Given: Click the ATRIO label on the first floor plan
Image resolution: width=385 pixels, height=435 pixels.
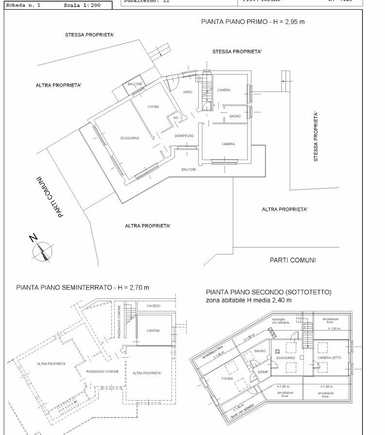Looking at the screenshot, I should point(188,92).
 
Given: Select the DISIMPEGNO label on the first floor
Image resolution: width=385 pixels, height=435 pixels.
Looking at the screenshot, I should point(184,136).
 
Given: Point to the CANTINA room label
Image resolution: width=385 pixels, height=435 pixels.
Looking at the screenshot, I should point(153,331).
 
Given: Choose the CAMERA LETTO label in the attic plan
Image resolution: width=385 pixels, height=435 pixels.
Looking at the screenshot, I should point(330,358).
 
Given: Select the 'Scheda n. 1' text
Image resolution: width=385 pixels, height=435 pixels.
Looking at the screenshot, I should point(24,6).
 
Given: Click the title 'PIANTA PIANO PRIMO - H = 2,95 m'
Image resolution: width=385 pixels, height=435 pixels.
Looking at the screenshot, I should point(253,22).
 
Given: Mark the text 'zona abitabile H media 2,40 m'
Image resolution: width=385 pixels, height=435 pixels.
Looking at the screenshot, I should point(248,300).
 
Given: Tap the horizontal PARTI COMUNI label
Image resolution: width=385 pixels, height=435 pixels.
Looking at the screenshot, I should point(292,260).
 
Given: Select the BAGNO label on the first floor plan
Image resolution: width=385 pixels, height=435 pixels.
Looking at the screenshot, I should point(235,116).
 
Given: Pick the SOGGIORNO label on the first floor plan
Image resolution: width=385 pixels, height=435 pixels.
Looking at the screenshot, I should point(130,138).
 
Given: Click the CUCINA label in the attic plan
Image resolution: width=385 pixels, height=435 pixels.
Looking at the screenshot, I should point(227,378).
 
